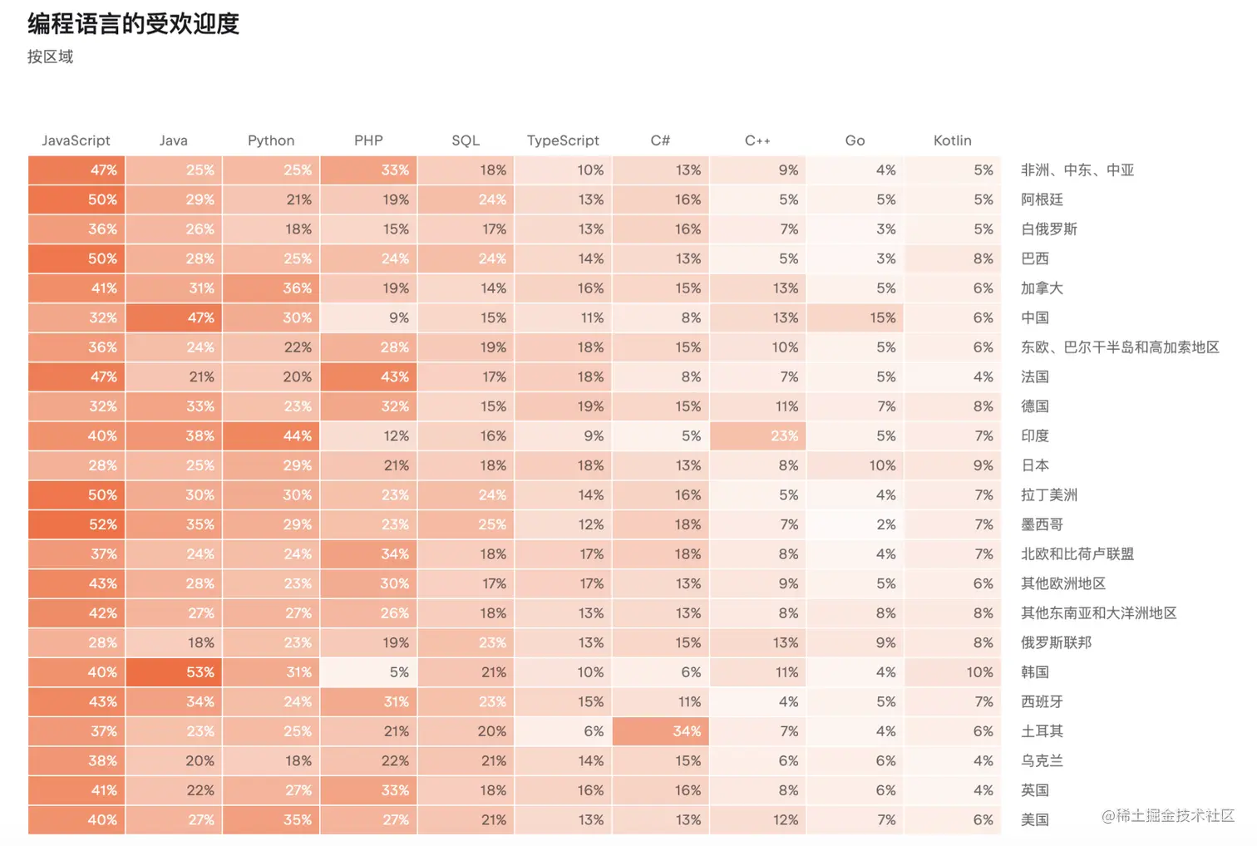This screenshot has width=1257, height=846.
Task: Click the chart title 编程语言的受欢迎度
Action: coord(133,23)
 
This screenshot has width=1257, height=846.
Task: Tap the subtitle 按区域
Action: coord(50,57)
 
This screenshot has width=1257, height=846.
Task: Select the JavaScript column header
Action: coord(76,140)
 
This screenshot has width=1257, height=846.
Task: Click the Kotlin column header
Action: coord(952,140)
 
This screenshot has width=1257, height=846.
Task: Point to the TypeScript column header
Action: coord(563,140)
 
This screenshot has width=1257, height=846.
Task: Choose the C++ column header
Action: coord(757,140)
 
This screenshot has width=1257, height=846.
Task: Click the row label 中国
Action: coord(1035,317)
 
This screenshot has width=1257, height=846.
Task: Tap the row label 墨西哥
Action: coord(1043,524)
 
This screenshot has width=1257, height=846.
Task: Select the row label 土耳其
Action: coord(1043,731)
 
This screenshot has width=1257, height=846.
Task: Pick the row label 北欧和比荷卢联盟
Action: coord(1077,554)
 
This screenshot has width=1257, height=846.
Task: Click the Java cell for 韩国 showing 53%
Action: coord(174,672)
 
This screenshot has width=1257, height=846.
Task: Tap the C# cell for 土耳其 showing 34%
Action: coord(660,731)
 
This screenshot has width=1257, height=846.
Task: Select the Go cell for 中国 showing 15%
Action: coord(855,317)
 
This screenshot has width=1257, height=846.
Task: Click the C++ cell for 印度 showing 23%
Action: coord(757,435)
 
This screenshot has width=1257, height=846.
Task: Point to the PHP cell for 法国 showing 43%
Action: coord(368,376)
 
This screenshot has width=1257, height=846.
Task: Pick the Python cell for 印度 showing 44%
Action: coord(271,435)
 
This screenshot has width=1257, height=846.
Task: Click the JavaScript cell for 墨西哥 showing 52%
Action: coord(76,524)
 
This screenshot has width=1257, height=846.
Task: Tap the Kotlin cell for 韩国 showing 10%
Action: coord(952,672)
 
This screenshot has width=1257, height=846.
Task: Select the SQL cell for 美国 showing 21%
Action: coord(466,820)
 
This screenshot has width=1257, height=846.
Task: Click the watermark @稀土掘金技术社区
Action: coord(1168,816)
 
